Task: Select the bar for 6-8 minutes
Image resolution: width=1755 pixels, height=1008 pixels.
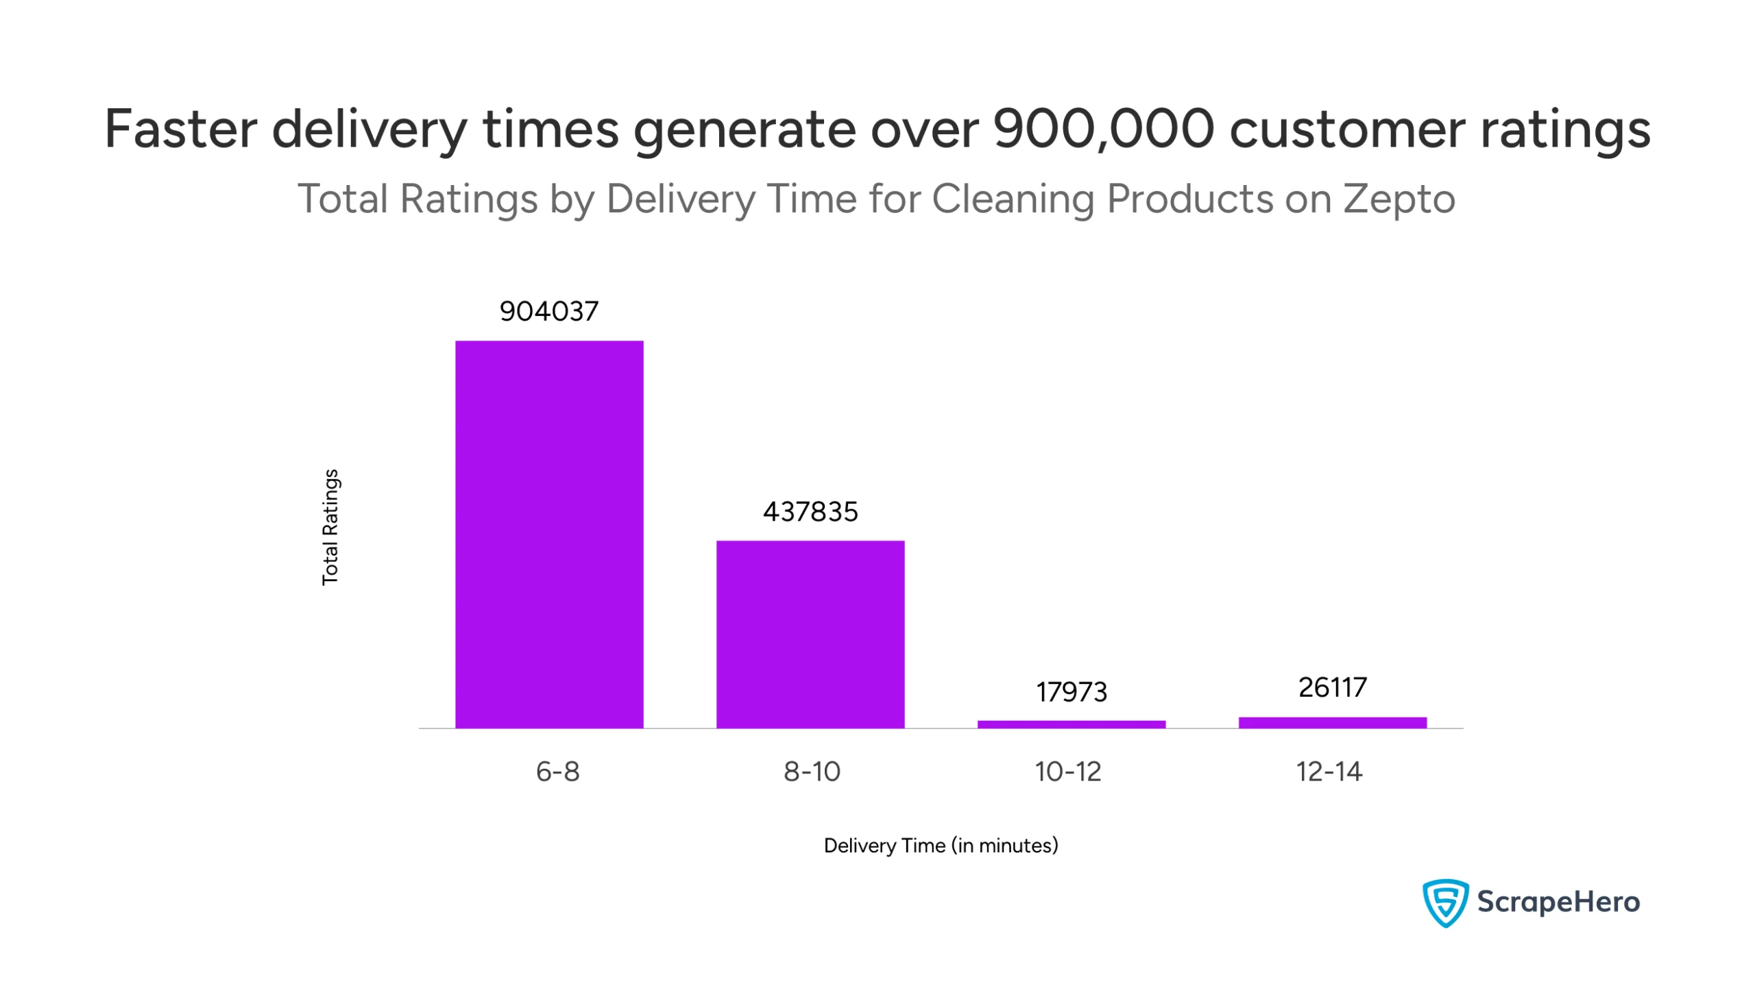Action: tap(549, 534)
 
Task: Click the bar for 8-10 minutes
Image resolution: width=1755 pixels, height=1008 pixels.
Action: tap(810, 633)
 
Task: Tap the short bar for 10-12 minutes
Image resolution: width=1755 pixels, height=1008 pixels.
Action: tap(1072, 724)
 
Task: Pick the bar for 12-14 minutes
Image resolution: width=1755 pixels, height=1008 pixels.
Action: tap(1333, 722)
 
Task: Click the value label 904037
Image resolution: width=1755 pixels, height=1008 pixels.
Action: tap(549, 312)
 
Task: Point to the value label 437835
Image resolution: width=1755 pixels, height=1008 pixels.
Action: tap(810, 513)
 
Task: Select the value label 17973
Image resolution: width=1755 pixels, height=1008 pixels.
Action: tap(1072, 692)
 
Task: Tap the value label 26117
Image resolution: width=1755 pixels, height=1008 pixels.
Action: tap(1333, 687)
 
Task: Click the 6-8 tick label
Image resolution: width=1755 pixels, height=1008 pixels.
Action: tap(557, 771)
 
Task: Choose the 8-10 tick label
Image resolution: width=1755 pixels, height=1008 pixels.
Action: tap(812, 771)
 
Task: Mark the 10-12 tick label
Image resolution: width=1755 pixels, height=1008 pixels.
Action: tap(1067, 771)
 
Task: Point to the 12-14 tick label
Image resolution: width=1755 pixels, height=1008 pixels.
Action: tap(1329, 771)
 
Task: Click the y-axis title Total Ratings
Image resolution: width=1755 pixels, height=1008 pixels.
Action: tap(330, 528)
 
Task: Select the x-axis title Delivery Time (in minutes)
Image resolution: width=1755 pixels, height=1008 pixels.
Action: tap(941, 846)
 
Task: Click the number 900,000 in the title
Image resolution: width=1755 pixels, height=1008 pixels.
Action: tap(1103, 130)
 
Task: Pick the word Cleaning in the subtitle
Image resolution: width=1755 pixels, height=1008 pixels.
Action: tap(1013, 199)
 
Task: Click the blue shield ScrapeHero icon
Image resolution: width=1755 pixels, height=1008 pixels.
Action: tap(1444, 902)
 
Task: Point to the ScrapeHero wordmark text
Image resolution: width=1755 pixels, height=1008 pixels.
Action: tap(1558, 902)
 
